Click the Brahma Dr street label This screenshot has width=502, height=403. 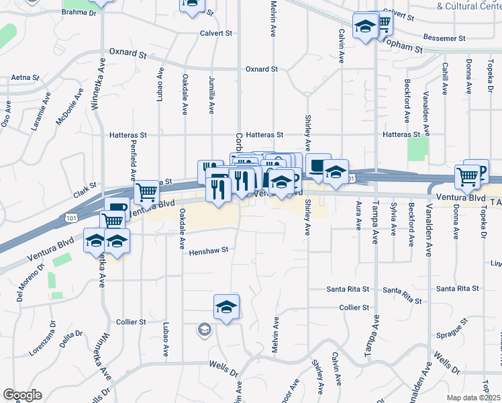tap(79, 12)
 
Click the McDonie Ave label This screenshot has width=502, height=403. tap(70, 106)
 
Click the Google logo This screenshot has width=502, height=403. tap(23, 395)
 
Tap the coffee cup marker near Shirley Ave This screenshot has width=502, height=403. tap(318, 165)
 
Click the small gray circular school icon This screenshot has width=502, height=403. tap(204, 330)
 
